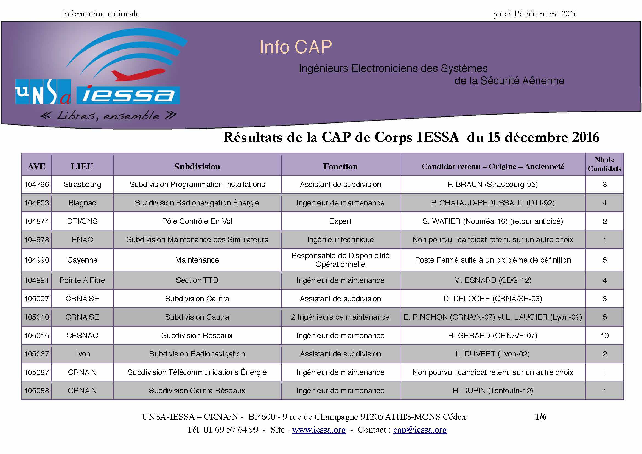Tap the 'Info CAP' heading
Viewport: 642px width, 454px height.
tap(296, 47)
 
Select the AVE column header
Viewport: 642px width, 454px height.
tap(37, 166)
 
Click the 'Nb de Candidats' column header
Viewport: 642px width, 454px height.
tap(604, 164)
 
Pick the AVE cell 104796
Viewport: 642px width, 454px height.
tap(37, 184)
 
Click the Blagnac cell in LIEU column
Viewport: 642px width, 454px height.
tap(82, 203)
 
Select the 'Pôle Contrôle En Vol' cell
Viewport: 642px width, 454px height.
tap(197, 221)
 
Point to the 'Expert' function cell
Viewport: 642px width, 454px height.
tap(340, 221)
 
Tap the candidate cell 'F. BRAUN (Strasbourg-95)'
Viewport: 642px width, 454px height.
tap(493, 184)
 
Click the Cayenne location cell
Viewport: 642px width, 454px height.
tap(82, 260)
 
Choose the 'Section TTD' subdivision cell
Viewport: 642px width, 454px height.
tap(197, 280)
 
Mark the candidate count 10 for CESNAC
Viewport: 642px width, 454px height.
tap(604, 335)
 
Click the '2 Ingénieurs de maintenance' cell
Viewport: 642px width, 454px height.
tap(340, 317)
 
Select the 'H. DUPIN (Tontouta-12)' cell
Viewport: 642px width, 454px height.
tap(493, 391)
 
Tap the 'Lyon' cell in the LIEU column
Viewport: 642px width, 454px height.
tap(82, 354)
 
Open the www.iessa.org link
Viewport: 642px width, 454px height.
tap(319, 430)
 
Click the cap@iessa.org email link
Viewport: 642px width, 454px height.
tap(420, 430)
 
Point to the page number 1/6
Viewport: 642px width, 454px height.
tap(541, 417)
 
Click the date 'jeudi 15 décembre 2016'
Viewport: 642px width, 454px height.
tap(536, 14)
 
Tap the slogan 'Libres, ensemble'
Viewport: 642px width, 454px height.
tap(108, 116)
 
